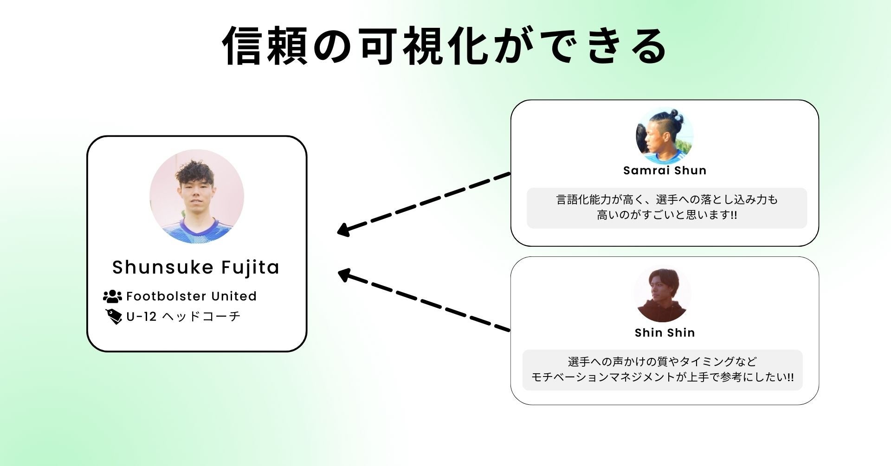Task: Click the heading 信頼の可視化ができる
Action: [x=445, y=45]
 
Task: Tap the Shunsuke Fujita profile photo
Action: [x=196, y=196]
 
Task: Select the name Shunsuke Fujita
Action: [x=196, y=268]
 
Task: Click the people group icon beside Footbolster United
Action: [x=112, y=296]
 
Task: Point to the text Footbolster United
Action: [x=191, y=296]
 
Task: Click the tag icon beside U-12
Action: [x=113, y=317]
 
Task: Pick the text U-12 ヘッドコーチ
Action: [x=183, y=317]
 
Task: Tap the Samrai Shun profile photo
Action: [x=665, y=135]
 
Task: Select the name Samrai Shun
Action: [x=665, y=171]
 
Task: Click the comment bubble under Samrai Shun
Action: [x=666, y=207]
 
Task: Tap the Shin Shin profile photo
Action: [x=662, y=294]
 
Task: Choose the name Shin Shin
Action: [x=665, y=333]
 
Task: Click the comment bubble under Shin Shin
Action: [x=662, y=370]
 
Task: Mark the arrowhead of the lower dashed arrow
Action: [x=343, y=274]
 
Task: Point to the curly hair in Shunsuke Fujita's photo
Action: [x=195, y=171]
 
